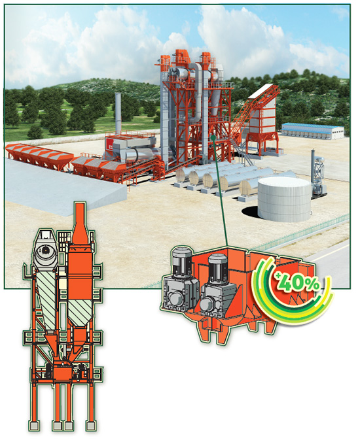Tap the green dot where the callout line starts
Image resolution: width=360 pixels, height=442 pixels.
(213, 137)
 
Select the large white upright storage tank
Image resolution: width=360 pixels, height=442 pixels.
(284, 199)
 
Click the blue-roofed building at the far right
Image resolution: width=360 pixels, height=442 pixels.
(313, 131)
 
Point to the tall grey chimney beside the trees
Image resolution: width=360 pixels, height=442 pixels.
(118, 112)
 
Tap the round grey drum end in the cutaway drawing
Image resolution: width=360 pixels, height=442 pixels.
(45, 250)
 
